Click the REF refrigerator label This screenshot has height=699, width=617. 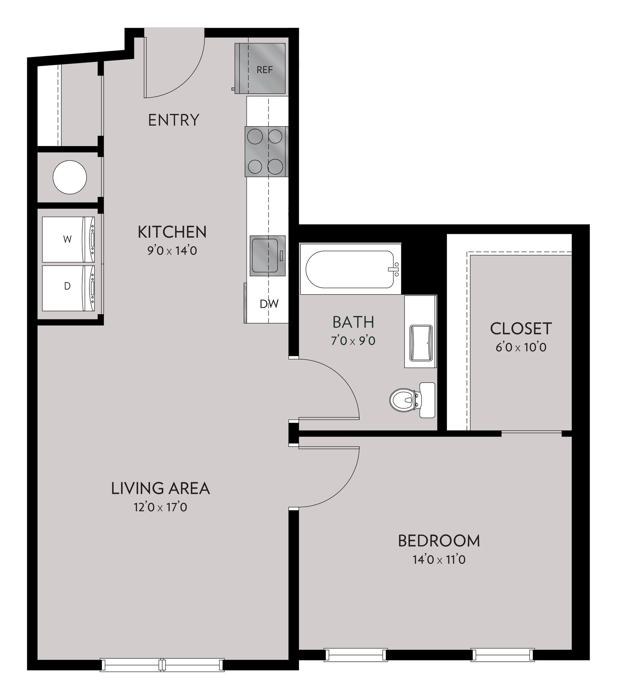264,70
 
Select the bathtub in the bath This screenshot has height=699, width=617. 350,269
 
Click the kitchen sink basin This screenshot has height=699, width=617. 264,251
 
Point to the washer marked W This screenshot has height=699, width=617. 67,239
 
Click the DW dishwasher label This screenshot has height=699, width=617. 269,304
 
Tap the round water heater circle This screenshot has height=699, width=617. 69,178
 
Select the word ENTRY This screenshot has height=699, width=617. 174,120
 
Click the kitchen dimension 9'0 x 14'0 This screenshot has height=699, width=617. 172,251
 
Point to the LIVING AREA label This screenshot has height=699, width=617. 160,488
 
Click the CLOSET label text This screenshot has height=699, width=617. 521,329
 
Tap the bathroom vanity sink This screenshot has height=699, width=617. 421,343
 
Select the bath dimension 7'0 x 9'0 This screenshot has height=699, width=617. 353,341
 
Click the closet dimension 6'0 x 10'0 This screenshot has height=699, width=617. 521,348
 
